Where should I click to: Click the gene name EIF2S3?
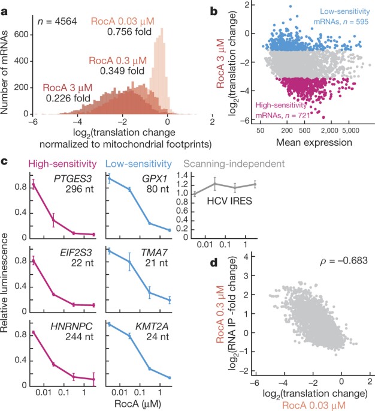click(x=72, y=253)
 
